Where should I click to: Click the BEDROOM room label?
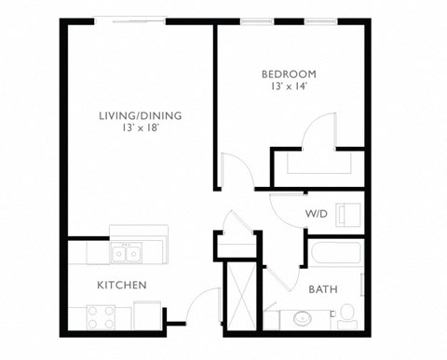coord(289,74)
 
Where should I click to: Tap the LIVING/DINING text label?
coord(141,115)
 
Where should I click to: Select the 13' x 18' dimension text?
coord(141,129)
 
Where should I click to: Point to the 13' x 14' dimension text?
coord(289,87)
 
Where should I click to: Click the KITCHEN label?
coord(121,284)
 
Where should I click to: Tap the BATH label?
coord(323,289)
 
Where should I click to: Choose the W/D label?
coord(315,215)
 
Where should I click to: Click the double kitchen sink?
coord(126,252)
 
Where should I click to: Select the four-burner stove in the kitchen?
coord(100,317)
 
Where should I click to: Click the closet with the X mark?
coord(239,294)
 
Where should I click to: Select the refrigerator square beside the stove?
coord(146,317)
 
